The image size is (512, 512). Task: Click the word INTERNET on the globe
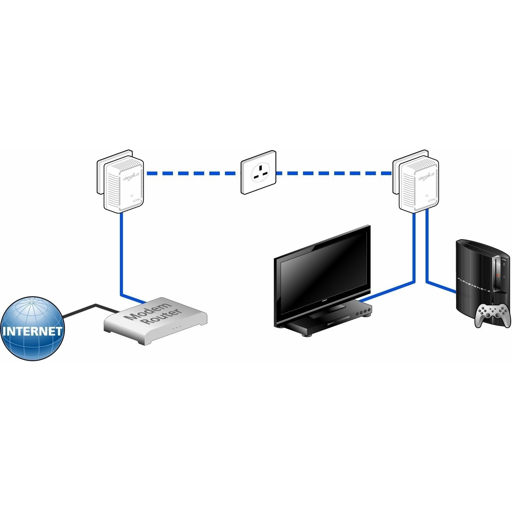coord(32,331)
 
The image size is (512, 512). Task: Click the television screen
coord(323,265)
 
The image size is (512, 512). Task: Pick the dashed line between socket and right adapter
coord(334,173)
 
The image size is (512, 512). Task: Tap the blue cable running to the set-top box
coord(414,250)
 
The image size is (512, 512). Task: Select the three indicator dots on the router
coord(176,328)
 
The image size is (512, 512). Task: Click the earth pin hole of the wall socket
coord(260,167)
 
